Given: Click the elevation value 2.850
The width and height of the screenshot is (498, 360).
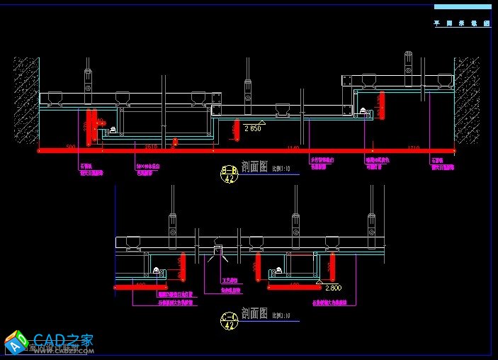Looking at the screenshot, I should tap(253, 129).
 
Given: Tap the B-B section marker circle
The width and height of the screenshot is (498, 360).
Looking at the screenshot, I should tap(229, 174).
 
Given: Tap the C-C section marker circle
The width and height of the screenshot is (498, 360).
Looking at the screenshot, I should tap(229, 320).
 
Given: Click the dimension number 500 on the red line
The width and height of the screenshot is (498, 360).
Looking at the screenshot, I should tap(71, 147).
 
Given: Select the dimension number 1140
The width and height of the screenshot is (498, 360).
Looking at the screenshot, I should tap(293, 147).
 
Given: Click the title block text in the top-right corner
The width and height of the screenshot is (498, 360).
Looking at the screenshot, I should tap(463, 23).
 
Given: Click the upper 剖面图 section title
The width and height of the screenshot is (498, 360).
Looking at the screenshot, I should tap(254, 168).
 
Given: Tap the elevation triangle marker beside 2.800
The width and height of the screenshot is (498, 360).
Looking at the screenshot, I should tap(319, 283).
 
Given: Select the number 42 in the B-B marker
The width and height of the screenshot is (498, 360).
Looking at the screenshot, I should tap(229, 179).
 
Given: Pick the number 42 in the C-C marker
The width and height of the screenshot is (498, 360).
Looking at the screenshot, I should tap(229, 325).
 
